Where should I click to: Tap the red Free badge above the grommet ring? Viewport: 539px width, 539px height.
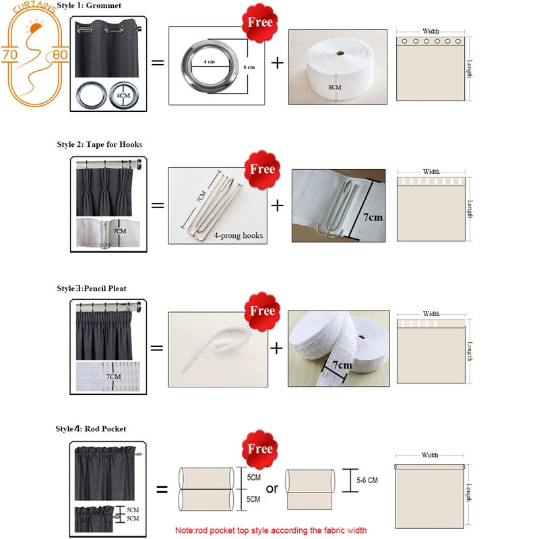pos(260,22)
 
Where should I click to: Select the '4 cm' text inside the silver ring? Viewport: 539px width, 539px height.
pos(210,62)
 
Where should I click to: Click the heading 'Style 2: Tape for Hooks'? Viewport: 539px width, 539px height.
pos(100,144)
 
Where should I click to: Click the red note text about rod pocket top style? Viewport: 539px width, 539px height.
pos(271,530)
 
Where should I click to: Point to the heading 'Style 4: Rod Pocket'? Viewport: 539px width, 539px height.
pos(91,429)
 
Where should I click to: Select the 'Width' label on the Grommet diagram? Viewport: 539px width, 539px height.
pos(431,31)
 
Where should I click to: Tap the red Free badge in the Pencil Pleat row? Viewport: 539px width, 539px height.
pos(261,311)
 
